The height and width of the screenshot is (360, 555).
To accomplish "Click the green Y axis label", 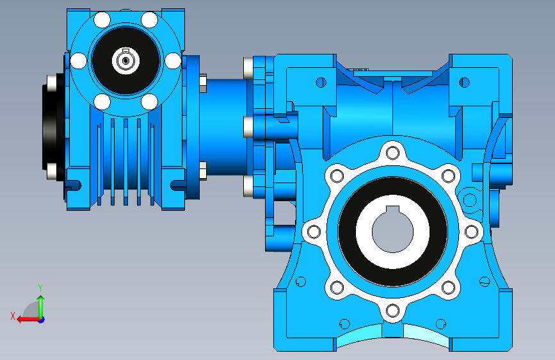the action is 40,288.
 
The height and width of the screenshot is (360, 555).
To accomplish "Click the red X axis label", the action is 13,316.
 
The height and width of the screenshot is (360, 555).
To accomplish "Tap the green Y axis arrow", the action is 41,307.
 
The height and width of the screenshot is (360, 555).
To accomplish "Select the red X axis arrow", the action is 29,320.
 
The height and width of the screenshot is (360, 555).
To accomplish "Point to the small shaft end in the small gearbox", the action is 125,61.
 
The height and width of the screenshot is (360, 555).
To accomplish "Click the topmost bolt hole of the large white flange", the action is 392,153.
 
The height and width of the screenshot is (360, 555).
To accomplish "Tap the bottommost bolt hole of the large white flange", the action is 392,311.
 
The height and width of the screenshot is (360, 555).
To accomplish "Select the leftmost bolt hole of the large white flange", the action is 314,232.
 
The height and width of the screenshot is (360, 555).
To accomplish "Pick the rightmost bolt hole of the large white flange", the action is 472,232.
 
